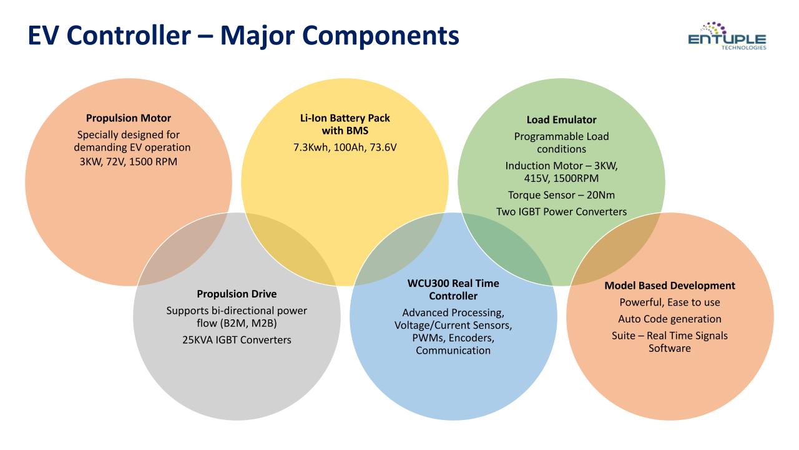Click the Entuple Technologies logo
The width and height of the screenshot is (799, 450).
click(727, 36)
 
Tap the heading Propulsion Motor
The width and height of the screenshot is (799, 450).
click(129, 118)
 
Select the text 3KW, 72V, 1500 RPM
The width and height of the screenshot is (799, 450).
click(129, 162)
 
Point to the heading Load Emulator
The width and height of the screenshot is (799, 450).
click(561, 119)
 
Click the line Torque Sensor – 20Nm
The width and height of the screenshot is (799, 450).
click(561, 195)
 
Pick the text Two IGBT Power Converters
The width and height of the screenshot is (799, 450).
click(561, 212)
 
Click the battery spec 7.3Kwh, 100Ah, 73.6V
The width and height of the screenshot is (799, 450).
click(345, 147)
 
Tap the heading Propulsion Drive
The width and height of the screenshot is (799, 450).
click(237, 294)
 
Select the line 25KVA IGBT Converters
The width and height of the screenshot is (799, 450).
click(237, 339)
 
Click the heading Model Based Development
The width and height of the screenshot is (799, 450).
click(670, 286)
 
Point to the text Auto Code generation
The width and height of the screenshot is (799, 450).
click(670, 319)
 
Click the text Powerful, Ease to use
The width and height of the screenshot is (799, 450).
click(670, 302)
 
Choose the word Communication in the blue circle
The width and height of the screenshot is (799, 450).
click(453, 351)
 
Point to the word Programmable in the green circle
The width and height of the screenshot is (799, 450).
click(542, 137)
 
